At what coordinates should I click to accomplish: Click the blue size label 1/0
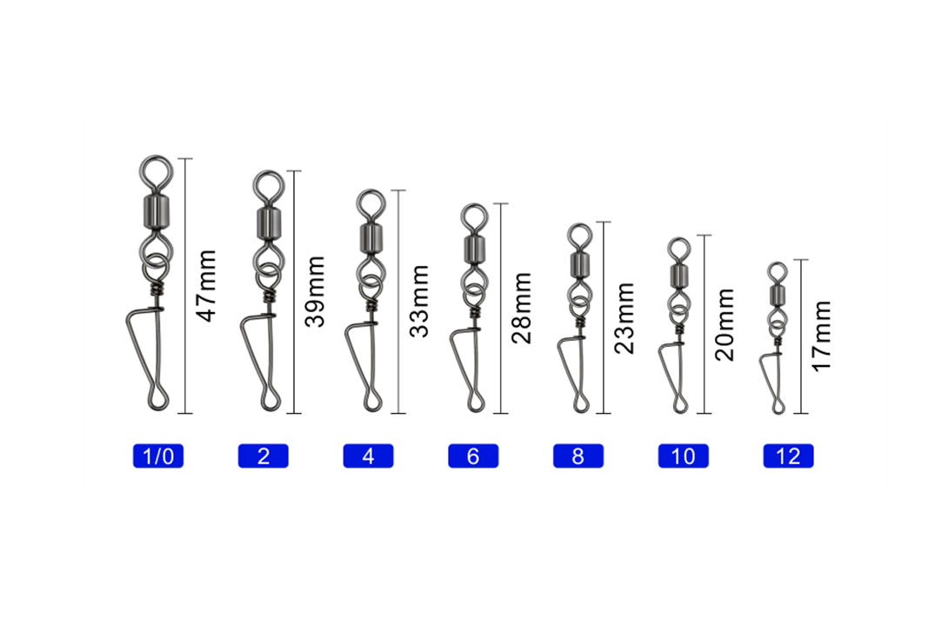point(157,456)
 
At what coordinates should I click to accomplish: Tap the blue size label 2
point(263,456)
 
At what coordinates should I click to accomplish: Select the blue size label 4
point(368,456)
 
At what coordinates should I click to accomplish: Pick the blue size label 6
point(473,456)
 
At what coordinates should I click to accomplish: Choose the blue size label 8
point(578,456)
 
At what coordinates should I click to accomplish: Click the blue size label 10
point(684,456)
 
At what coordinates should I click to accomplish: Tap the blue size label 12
point(788,456)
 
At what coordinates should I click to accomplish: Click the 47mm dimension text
point(207,285)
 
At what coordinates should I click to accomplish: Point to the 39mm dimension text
point(315,291)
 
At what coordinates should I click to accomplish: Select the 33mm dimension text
point(419,301)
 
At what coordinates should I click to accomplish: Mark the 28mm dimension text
point(522,309)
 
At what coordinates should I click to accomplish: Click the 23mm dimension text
point(624,318)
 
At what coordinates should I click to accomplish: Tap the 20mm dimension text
point(724,324)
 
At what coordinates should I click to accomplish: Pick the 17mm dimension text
point(822,336)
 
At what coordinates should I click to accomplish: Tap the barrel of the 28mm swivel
point(474,249)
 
